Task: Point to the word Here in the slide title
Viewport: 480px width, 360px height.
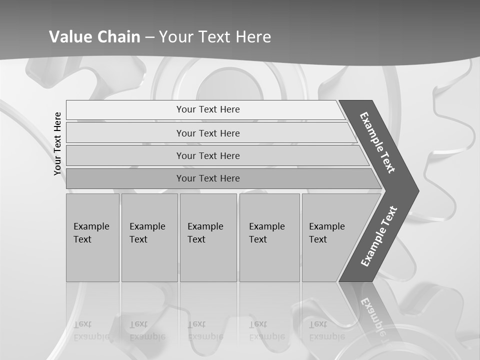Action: click(253, 37)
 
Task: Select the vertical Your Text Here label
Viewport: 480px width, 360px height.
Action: click(57, 143)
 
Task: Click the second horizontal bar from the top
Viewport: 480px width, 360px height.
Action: click(208, 133)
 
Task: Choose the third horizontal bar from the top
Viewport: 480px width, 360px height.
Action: click(208, 155)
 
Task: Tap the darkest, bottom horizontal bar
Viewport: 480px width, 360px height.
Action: click(208, 178)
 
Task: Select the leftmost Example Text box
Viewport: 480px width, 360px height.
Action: click(92, 237)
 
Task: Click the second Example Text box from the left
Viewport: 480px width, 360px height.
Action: click(149, 237)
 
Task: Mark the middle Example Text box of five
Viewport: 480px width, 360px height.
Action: click(208, 237)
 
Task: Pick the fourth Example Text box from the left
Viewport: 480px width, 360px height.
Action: click(269, 237)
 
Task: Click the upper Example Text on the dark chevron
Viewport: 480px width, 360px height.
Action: click(377, 142)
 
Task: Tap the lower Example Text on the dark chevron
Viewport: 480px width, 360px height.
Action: click(378, 236)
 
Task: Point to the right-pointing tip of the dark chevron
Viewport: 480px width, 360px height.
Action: click(417, 190)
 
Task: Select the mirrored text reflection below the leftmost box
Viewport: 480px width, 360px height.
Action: click(91, 330)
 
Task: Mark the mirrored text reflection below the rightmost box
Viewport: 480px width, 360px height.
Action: click(326, 330)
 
